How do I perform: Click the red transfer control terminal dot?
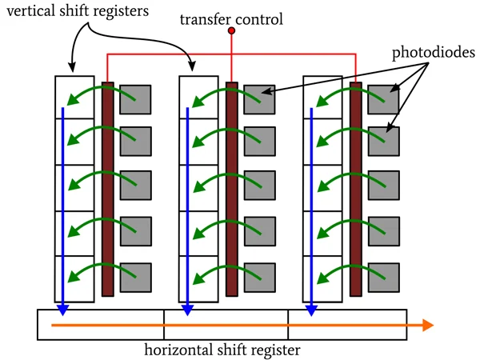[232, 31]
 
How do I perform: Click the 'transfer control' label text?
[231, 18]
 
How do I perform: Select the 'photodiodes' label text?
[434, 54]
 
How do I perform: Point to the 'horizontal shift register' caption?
[222, 350]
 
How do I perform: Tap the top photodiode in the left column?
[135, 98]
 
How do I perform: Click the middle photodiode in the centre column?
[259, 186]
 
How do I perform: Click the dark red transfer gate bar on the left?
[108, 189]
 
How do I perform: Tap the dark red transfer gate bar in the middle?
[232, 189]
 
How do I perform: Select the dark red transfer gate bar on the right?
[356, 189]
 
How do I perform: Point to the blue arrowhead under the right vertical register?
[311, 310]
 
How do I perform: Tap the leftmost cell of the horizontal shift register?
[101, 325]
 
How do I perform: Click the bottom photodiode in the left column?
[135, 277]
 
